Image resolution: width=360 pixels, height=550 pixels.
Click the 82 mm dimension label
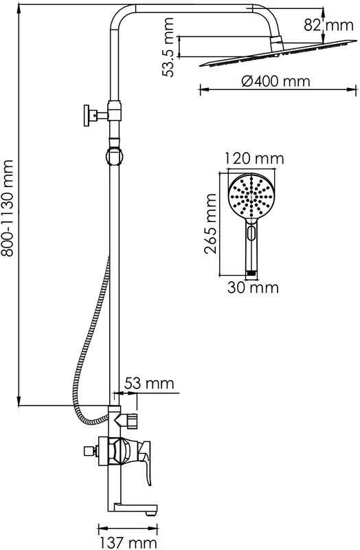click(328, 25)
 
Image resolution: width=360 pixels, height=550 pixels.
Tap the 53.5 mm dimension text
click(168, 47)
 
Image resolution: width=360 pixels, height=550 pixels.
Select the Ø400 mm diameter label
click(276, 81)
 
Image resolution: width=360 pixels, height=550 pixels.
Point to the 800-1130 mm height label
click(7, 208)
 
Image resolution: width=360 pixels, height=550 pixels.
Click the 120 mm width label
click(254, 158)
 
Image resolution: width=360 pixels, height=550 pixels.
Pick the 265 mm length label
click(210, 223)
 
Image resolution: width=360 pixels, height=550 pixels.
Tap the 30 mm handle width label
click(253, 287)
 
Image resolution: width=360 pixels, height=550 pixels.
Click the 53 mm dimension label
click(149, 383)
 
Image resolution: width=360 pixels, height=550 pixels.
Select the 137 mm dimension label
click(128, 543)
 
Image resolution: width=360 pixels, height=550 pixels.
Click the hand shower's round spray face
click(251, 197)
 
